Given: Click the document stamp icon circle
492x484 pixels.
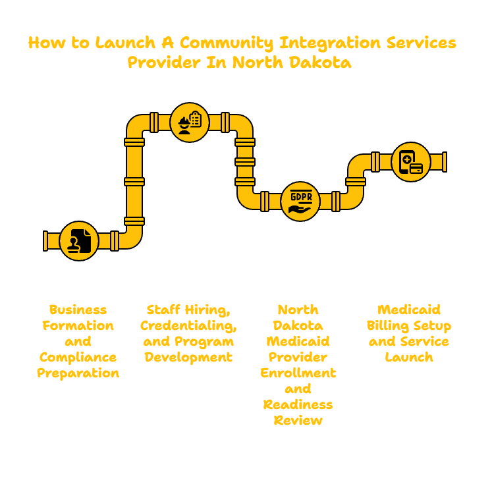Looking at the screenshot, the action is click(x=79, y=241).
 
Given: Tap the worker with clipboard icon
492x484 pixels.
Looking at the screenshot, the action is click(x=190, y=122).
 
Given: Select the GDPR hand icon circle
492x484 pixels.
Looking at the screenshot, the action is click(x=300, y=202).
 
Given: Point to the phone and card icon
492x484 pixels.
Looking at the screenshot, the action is click(x=411, y=162).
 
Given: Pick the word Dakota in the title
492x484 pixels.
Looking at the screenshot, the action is click(x=320, y=62).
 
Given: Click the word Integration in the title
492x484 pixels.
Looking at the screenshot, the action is click(x=330, y=43).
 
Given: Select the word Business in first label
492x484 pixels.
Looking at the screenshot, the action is click(x=78, y=309).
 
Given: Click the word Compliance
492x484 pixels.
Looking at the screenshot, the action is click(x=78, y=358).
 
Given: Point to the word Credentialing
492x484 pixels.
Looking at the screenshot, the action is click(x=188, y=326).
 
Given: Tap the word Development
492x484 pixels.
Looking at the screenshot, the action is click(x=188, y=358).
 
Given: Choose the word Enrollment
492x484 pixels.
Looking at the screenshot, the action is click(x=298, y=373).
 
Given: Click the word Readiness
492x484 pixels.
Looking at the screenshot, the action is click(x=298, y=404).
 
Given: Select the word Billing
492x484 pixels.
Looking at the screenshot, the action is click(x=387, y=326).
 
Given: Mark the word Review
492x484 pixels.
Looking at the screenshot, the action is click(x=298, y=420).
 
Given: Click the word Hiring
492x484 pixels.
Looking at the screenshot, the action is click(x=207, y=310).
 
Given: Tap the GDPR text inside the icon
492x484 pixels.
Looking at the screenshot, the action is click(x=301, y=197).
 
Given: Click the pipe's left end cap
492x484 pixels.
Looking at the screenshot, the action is click(x=45, y=241).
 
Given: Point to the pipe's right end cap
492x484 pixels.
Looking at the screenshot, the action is click(x=445, y=162).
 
